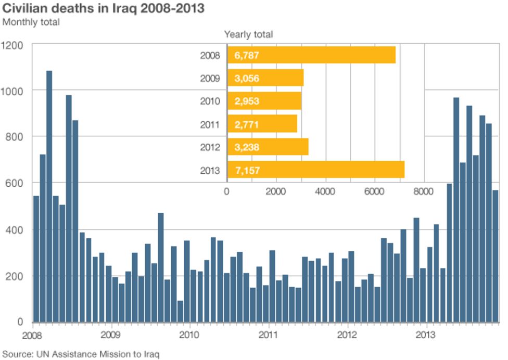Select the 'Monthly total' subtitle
31,22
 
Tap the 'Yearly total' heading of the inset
248,34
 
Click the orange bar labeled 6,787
311,55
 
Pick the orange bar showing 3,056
265,78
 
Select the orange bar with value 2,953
264,101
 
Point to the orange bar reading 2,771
262,124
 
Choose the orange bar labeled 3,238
268,147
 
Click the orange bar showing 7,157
315,170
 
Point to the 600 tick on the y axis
16,183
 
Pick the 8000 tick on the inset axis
423,191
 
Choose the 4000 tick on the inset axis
325,191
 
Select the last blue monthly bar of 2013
496,256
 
